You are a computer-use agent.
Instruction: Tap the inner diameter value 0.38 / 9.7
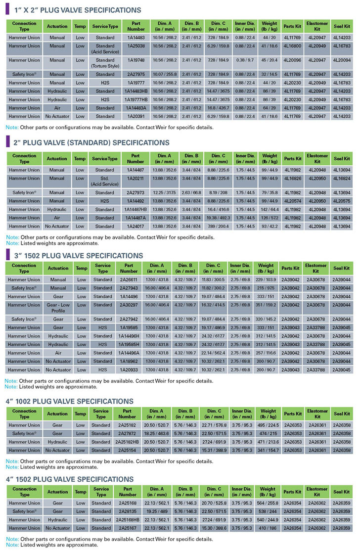245,60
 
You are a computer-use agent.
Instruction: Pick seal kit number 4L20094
341,60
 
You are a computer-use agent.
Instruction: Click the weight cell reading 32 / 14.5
270,74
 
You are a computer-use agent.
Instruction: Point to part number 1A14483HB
135,91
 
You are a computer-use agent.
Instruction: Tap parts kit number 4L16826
293,178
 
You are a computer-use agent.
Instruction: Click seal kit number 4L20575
341,201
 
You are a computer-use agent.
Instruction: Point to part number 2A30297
129,305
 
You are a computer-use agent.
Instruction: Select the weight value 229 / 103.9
266,279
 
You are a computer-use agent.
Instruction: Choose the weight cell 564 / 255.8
268,503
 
